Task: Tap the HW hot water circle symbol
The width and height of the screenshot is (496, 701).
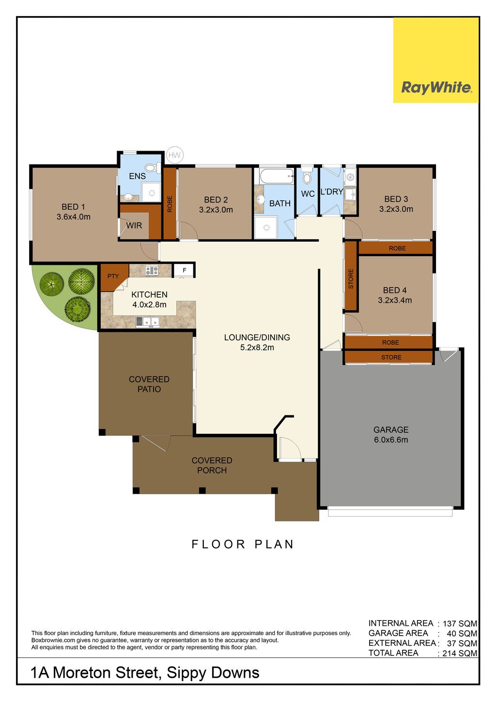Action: tap(174, 155)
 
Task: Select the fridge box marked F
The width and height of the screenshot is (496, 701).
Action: tap(184, 270)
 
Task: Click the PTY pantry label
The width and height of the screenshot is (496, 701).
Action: tap(113, 276)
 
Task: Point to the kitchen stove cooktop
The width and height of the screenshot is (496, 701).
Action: tap(152, 271)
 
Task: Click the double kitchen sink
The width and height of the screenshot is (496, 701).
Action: tap(148, 322)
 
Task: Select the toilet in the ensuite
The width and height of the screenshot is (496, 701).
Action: tap(152, 168)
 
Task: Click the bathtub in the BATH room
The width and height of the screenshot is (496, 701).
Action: tap(277, 177)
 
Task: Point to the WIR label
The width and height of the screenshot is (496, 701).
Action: tap(134, 225)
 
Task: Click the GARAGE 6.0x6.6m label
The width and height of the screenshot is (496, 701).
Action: tap(391, 434)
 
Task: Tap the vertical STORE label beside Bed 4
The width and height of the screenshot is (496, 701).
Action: tap(351, 278)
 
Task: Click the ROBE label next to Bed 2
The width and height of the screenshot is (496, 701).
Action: tap(170, 204)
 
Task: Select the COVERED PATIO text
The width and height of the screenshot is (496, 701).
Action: tap(149, 384)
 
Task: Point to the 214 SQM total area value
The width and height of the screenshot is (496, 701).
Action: tap(460, 654)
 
